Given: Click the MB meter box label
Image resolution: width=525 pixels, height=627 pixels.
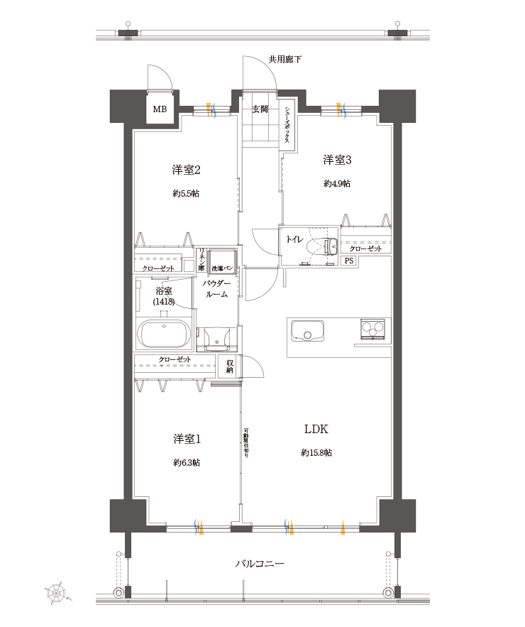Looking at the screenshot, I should click(160, 109).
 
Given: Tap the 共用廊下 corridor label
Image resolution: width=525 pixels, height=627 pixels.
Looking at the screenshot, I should click(284, 60).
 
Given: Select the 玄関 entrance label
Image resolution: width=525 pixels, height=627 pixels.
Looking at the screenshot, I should click(260, 109).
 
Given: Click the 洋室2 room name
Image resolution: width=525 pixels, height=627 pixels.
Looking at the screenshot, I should click(186, 170).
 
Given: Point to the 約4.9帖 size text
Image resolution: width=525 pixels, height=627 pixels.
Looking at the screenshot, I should click(337, 183).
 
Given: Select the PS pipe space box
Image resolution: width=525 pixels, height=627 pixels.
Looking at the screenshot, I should click(348, 261).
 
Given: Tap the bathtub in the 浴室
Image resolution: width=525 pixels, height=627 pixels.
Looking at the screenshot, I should click(164, 333).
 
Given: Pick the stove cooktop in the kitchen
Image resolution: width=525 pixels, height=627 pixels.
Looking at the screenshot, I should click(372, 329).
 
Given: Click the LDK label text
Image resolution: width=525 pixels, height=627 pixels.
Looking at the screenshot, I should click(316, 430).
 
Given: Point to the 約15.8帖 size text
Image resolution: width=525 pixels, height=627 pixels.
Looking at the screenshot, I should click(316, 452).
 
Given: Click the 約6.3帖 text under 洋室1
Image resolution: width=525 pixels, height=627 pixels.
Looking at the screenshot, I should click(186, 462).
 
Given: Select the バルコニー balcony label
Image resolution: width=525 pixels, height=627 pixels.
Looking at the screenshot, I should click(260, 564).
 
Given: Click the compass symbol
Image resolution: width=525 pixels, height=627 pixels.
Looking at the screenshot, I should click(56, 592).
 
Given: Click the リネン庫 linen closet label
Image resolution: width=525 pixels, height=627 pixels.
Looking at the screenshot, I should click(201, 260).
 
